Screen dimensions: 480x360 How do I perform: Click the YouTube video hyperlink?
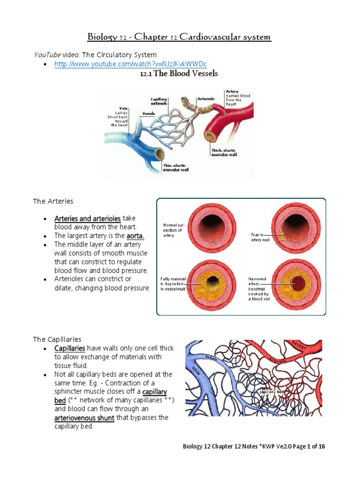[131, 64]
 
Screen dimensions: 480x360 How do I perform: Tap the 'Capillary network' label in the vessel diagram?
[158, 102]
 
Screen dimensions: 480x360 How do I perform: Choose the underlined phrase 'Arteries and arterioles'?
[88, 218]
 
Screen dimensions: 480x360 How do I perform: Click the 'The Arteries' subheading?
[53, 201]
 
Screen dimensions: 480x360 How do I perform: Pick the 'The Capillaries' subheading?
[57, 339]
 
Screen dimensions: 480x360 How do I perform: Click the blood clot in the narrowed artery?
[298, 283]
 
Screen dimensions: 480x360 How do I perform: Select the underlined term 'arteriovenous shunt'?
[84, 418]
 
